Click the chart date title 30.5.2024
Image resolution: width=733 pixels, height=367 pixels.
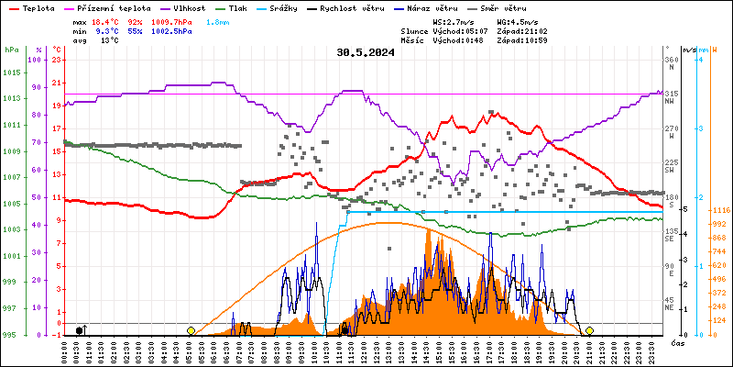[366, 52]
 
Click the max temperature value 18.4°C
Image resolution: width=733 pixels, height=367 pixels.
[107, 21]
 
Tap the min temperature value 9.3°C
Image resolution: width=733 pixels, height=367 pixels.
[107, 30]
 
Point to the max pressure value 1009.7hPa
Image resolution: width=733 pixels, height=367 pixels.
[173, 21]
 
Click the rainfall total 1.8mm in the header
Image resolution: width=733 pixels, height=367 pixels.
[217, 21]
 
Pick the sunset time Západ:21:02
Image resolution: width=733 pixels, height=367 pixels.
[522, 30]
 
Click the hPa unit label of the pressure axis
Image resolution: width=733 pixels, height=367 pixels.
[11, 50]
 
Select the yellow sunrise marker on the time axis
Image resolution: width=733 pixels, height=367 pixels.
[191, 330]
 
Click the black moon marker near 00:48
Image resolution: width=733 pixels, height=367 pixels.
[81, 330]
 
